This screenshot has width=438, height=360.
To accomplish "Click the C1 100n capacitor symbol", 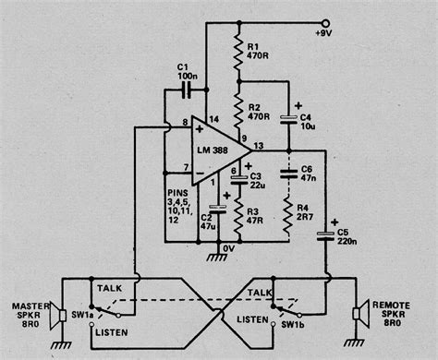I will tap(188, 90).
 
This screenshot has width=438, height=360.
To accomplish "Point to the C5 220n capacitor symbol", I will tap(325, 235).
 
